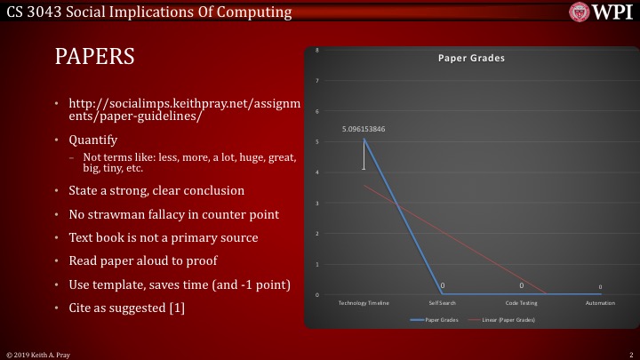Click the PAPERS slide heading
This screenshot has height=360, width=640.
[x=94, y=57]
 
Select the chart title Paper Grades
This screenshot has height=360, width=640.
[x=471, y=58]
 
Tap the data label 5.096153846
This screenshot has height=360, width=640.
[x=364, y=129]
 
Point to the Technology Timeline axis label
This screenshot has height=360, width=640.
[x=364, y=303]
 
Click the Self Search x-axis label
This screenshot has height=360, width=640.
[x=442, y=303]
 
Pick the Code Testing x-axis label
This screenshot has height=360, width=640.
[x=521, y=303]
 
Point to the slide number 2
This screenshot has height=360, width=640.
[x=629, y=354]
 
